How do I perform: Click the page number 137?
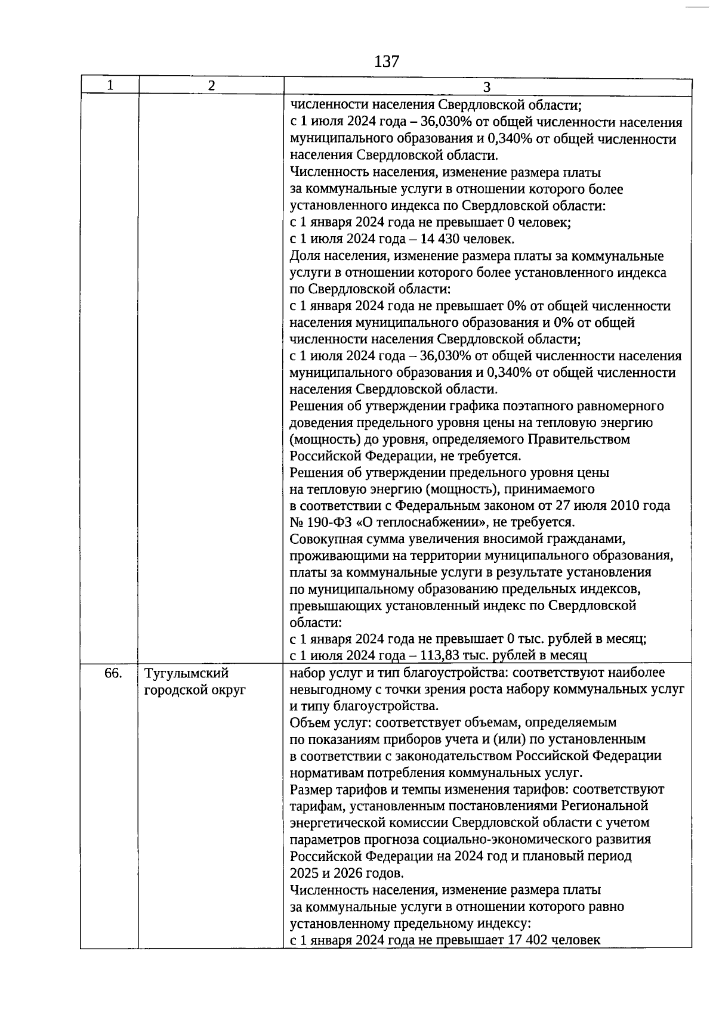[387, 61]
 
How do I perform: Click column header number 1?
[110, 85]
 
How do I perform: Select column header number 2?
[211, 85]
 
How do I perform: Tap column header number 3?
[486, 87]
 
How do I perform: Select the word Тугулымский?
[187, 673]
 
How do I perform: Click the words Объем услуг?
[326, 723]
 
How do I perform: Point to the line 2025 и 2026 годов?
[346, 873]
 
